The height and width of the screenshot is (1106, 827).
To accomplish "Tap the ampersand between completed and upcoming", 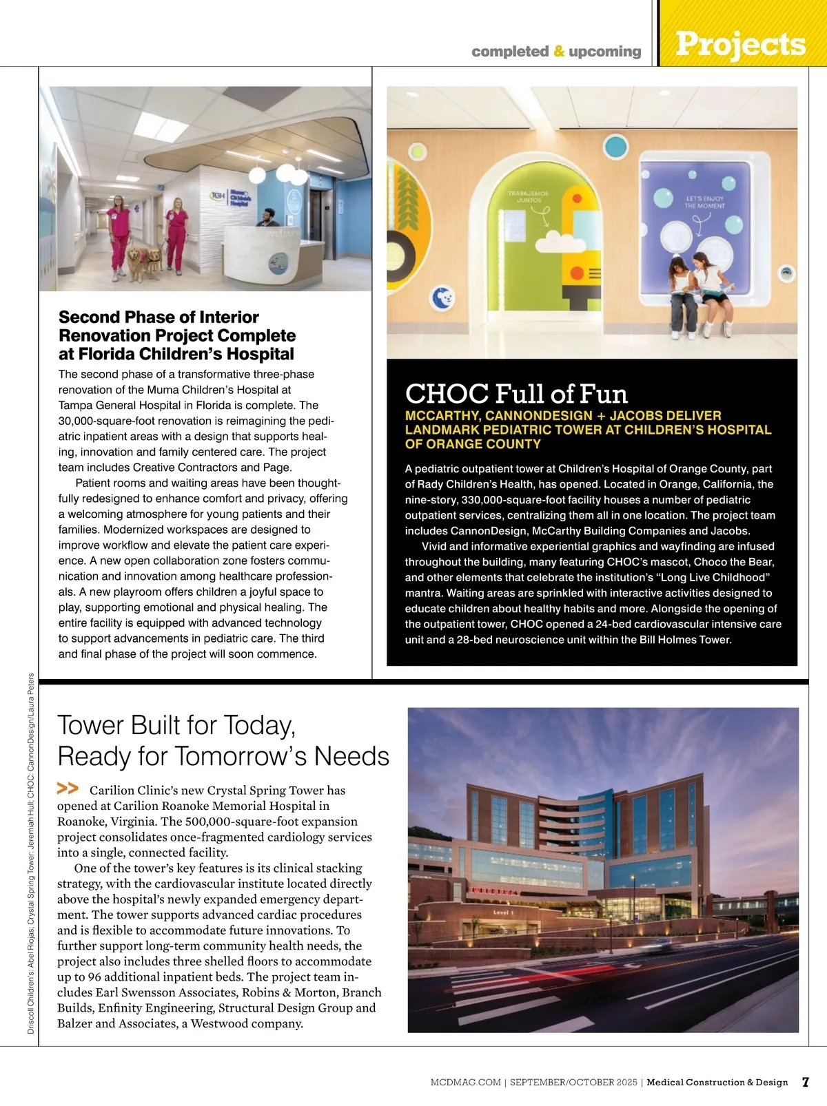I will (559, 51).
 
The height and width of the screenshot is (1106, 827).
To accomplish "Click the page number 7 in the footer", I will (805, 1082).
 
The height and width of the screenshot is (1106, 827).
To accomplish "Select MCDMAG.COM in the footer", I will (465, 1083).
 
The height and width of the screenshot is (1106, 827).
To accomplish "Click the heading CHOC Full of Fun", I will (516, 394).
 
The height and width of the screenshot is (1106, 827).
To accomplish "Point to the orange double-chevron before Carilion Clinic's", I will (68, 789).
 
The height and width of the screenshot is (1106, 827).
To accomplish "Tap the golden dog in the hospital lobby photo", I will (137, 262).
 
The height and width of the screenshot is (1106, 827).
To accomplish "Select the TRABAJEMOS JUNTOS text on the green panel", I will (529, 197).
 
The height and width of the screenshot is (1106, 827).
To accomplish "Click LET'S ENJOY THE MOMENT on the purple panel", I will (704, 202).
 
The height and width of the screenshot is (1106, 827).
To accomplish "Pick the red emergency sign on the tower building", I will (494, 892).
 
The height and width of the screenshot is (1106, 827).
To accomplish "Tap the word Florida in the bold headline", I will (108, 354).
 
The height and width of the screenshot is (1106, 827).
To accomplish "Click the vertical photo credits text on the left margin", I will (31, 854).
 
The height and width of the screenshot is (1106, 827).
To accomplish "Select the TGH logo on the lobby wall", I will (218, 196).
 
